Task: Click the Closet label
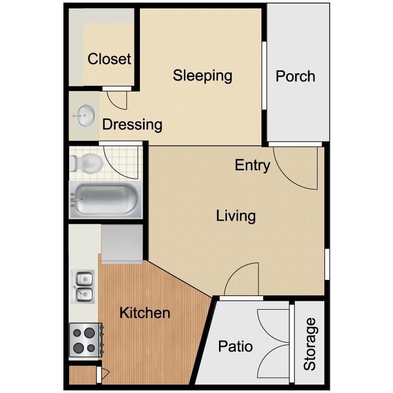tap(109, 59)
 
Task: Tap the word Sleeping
tap(202, 75)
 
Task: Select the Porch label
tap(295, 77)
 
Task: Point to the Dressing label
tap(132, 125)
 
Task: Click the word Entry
tap(252, 166)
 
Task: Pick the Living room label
tap(236, 215)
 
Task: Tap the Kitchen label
tap(145, 313)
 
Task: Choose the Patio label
tap(235, 346)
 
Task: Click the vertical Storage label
tap(310, 344)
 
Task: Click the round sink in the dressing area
tap(84, 115)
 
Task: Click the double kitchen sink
tap(83, 287)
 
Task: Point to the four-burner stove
tap(84, 340)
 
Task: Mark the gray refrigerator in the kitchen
tap(122, 243)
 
